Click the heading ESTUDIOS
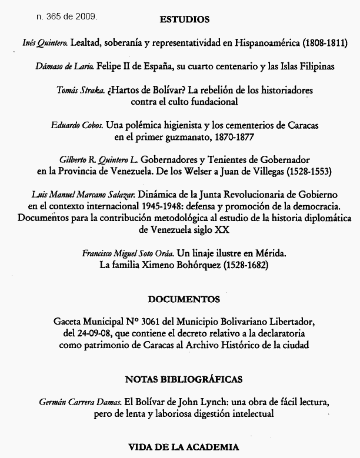tap(184, 19)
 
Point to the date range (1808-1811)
tap(324, 43)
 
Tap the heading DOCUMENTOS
tap(184, 299)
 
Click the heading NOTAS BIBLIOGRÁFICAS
tap(184, 379)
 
